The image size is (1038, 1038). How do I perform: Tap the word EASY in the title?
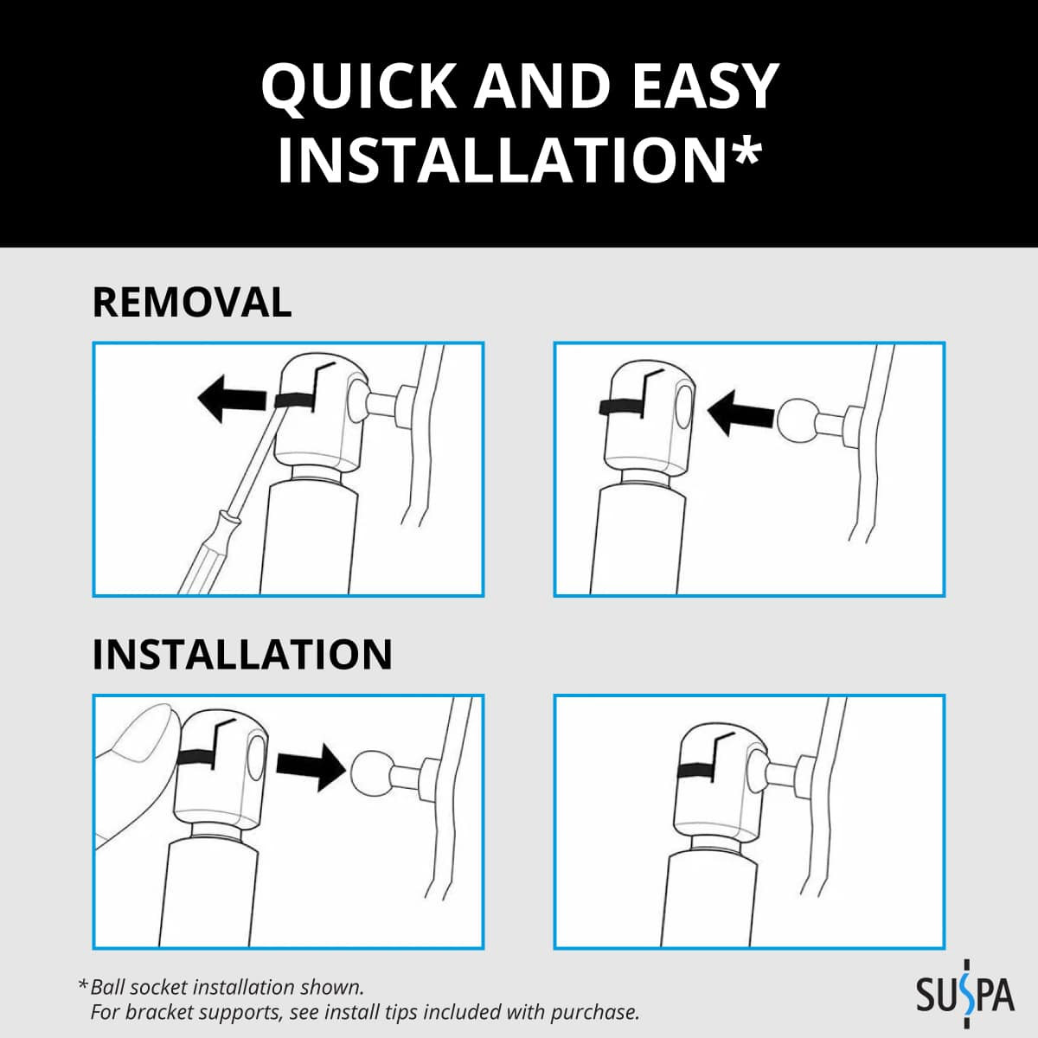pyautogui.click(x=705, y=86)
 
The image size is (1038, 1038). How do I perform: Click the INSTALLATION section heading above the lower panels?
pyautogui.click(x=242, y=655)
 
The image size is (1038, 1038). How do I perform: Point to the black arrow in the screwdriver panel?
pyautogui.click(x=232, y=399)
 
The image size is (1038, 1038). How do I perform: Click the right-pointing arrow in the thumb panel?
pyautogui.click(x=311, y=766)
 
